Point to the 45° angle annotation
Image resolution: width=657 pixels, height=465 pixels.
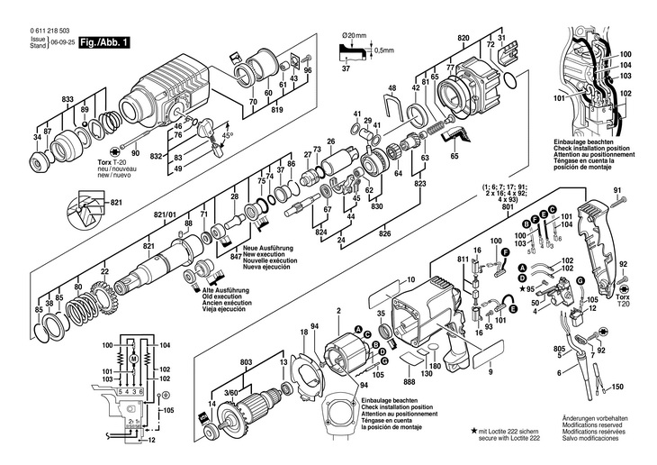(x=227, y=134)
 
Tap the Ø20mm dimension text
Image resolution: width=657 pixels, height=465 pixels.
(x=356, y=36)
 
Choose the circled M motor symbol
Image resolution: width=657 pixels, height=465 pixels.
(x=133, y=358)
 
